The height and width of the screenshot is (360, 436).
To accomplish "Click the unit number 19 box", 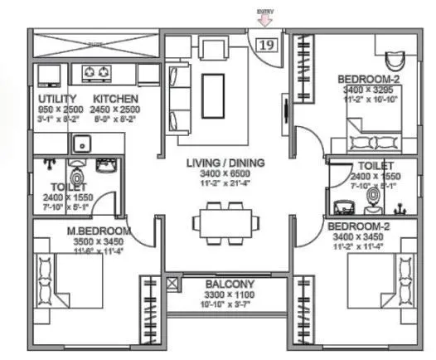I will (x=267, y=45).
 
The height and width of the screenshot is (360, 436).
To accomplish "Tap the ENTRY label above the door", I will (x=266, y=12).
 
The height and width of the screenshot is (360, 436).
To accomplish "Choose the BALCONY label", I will (x=230, y=284).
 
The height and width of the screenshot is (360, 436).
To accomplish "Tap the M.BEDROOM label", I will (x=99, y=230).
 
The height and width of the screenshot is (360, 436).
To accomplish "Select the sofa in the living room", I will (x=177, y=91).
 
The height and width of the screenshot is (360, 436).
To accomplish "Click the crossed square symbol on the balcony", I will (x=172, y=283).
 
